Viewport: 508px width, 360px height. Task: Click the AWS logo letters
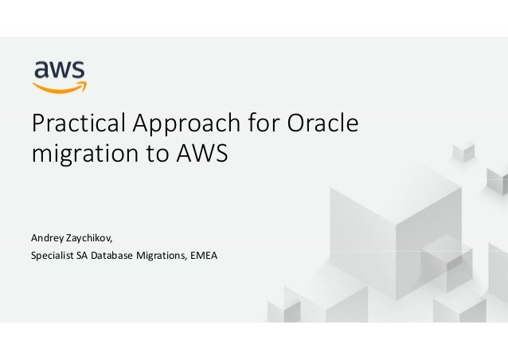(60, 71)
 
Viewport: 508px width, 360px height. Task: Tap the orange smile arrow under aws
(61, 87)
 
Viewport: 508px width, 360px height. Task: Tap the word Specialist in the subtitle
(49, 255)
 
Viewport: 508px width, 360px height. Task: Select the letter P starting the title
(36, 126)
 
